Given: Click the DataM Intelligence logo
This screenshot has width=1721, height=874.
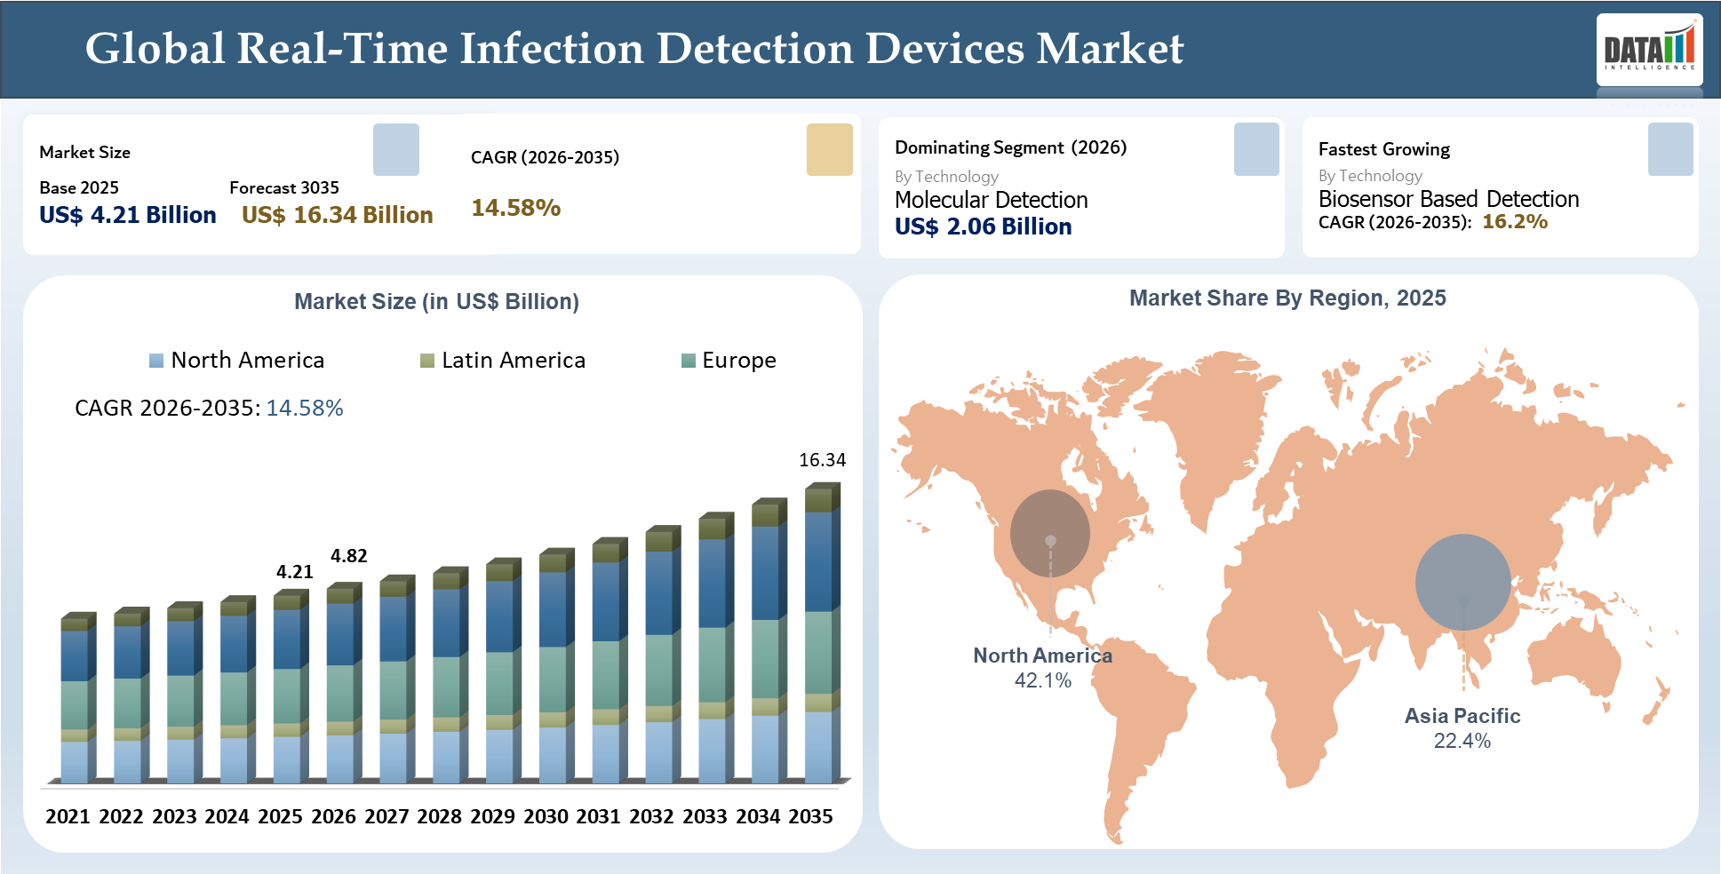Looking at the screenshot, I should pyautogui.click(x=1649, y=49).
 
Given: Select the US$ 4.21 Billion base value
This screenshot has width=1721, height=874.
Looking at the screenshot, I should pyautogui.click(x=128, y=215).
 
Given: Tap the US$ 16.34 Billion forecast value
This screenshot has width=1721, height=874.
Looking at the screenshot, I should pyautogui.click(x=337, y=215).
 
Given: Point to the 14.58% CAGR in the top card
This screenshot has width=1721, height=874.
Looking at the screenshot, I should pyautogui.click(x=515, y=208).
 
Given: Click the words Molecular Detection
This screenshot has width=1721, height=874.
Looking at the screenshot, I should pyautogui.click(x=991, y=200).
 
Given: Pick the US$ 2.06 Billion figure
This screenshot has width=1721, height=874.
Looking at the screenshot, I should pyautogui.click(x=983, y=226).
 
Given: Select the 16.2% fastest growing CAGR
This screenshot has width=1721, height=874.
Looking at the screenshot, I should pyautogui.click(x=1514, y=221).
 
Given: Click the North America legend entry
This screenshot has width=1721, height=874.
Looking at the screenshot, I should pyautogui.click(x=237, y=360).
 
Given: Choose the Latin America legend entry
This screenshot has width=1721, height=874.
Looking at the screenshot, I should pyautogui.click(x=503, y=360).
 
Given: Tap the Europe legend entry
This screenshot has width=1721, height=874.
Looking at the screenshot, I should pyautogui.click(x=729, y=360).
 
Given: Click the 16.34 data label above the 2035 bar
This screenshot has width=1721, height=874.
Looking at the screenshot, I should pyautogui.click(x=822, y=460).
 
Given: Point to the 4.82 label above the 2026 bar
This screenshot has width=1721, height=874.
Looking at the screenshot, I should pyautogui.click(x=348, y=556).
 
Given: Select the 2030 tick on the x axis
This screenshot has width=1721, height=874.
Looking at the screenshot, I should pyautogui.click(x=546, y=816).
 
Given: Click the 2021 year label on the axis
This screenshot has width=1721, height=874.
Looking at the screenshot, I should pyautogui.click(x=68, y=816).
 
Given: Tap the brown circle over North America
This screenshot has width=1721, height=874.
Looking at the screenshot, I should pyautogui.click(x=1050, y=533).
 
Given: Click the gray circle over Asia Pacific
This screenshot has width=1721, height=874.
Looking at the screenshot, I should pyautogui.click(x=1462, y=582).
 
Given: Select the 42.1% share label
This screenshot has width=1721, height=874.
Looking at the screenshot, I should pyautogui.click(x=1043, y=680).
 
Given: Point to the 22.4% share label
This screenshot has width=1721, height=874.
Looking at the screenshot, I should pyautogui.click(x=1462, y=741).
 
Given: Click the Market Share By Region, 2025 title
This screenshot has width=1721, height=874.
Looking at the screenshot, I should pyautogui.click(x=1287, y=298).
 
